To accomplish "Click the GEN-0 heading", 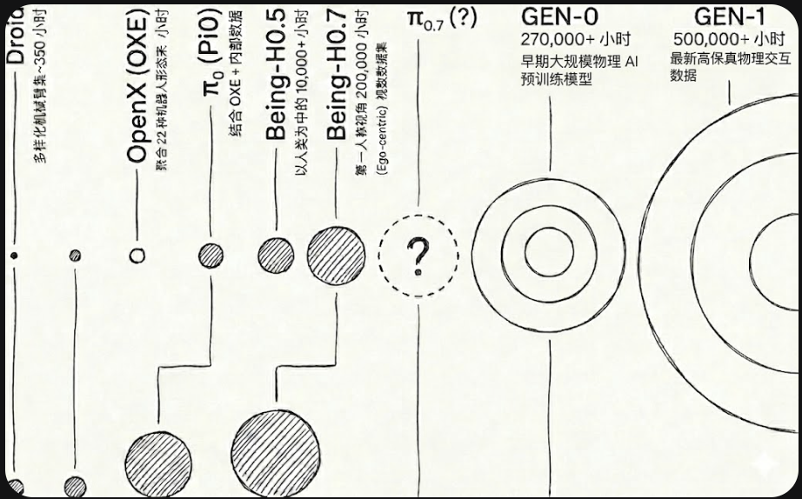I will pos(559,16).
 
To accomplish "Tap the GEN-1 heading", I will pos(729,16).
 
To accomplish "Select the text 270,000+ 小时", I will pos(562,39).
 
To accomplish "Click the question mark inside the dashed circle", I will pos(418,256).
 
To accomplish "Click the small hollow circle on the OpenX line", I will pos(137,256).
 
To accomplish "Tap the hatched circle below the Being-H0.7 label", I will pos(337,256).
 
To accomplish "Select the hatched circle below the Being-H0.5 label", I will pos(276,255).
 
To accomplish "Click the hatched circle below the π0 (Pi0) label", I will pos(211,256).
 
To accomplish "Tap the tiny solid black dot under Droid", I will pos(13,256).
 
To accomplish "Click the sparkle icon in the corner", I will pos(765,464).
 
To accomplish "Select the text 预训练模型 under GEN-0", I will pos(557,78).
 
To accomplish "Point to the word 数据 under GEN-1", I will pos(684,76).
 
